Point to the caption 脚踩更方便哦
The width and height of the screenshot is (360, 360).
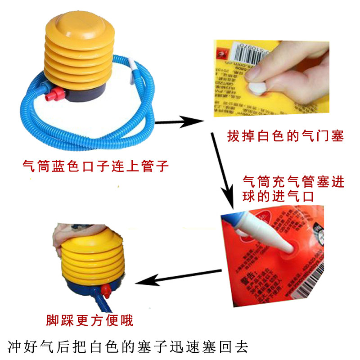point(90,320)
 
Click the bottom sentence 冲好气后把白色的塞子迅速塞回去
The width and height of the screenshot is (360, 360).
point(128,347)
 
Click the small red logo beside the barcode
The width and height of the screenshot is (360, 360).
point(222,53)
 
